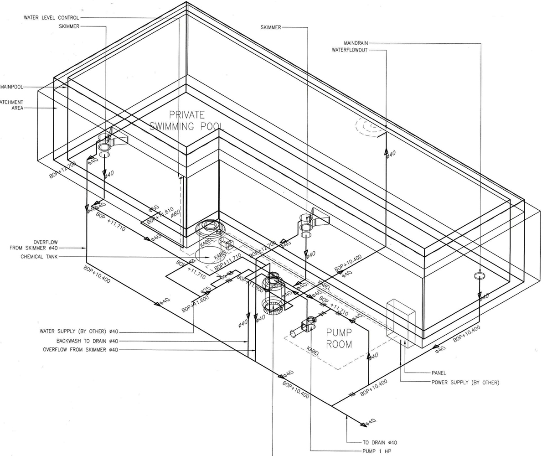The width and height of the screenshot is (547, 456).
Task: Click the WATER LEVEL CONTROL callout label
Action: pos(51,18)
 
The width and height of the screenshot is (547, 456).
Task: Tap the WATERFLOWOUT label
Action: pos(349,50)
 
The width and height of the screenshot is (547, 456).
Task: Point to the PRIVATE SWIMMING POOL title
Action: pos(187,120)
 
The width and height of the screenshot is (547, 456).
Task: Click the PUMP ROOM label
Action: pos(339,338)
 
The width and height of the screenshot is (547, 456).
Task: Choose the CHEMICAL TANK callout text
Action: pos(39,257)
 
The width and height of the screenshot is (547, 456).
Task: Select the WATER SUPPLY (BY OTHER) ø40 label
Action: pos(79,332)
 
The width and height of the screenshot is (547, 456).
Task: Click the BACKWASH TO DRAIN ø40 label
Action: pos(87,341)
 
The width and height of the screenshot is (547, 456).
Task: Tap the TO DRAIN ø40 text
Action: pos(380,442)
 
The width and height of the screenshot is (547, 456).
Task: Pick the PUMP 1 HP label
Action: pos(377,451)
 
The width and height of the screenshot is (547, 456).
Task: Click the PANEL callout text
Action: pos(439,373)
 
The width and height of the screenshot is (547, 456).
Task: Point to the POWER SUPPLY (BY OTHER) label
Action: pos(465,382)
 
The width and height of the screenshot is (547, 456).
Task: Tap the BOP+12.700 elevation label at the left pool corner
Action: pos(63,170)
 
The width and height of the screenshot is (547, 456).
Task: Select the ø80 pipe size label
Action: pos(175,213)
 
